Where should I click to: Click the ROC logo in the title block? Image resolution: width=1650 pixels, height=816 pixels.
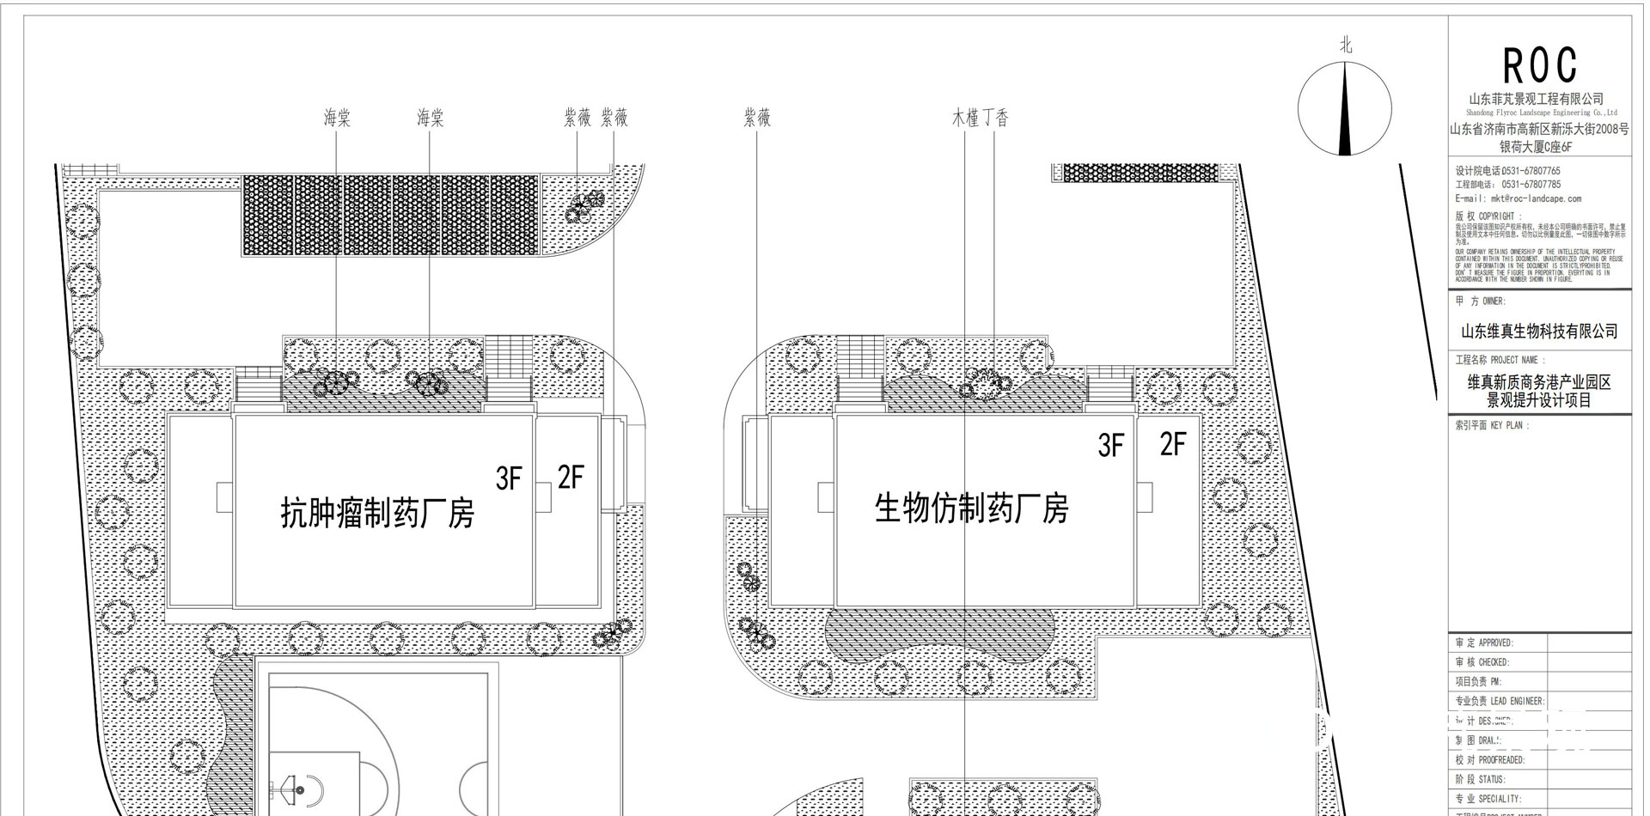pyautogui.click(x=1539, y=65)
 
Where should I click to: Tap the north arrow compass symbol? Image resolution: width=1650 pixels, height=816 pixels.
pyautogui.click(x=1344, y=113)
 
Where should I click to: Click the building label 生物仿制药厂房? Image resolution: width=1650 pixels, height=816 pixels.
pyautogui.click(x=971, y=508)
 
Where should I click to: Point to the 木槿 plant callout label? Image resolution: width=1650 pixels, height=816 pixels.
pyautogui.click(x=965, y=118)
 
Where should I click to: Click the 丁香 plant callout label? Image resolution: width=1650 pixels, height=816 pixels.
pyautogui.click(x=996, y=118)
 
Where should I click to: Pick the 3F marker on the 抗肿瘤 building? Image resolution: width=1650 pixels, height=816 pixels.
pyautogui.click(x=509, y=478)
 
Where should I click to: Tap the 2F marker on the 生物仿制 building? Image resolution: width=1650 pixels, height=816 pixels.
pyautogui.click(x=1172, y=444)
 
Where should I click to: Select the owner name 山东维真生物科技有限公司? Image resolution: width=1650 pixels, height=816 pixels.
pyautogui.click(x=1539, y=331)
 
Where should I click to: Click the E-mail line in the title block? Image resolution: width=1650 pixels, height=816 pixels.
pyautogui.click(x=1518, y=198)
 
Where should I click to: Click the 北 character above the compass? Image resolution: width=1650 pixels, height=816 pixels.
pyautogui.click(x=1346, y=46)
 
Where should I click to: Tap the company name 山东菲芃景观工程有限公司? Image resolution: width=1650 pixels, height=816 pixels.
pyautogui.click(x=1537, y=99)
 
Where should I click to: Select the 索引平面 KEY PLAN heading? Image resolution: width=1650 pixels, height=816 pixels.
pyautogui.click(x=1491, y=425)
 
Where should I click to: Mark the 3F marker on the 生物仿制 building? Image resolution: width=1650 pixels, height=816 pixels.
pyautogui.click(x=1110, y=445)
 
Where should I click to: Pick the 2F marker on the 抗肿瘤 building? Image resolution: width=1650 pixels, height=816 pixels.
pyautogui.click(x=571, y=477)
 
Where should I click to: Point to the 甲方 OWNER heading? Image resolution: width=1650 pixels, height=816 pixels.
pyautogui.click(x=1480, y=301)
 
